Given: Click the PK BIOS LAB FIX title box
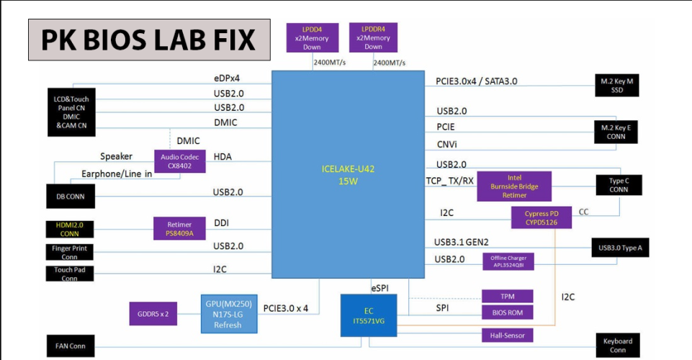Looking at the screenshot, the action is tap(149, 40).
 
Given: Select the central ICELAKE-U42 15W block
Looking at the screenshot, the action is tap(349, 175).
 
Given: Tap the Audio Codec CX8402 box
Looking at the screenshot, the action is tap(179, 161).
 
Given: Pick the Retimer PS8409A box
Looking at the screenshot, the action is tap(179, 228).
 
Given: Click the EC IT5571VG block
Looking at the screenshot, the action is tap(369, 316).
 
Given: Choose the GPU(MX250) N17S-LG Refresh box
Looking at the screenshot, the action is tap(228, 314).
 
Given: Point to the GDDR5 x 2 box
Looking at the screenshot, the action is tap(153, 314).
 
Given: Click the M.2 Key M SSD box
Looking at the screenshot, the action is tap(616, 86).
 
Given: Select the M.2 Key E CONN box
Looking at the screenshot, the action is tap(616, 132).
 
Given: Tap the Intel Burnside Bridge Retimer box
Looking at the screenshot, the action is tap(514, 186).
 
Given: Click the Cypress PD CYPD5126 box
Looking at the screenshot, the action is tap(542, 218).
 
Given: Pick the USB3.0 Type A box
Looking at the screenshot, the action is tap(620, 248).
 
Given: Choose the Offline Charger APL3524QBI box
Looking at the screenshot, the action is tap(508, 261).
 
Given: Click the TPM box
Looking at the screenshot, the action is tap(508, 297).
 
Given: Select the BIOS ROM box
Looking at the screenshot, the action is tap(508, 312).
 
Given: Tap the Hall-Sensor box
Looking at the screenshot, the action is tap(508, 336).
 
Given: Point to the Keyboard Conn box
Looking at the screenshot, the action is tap(618, 346).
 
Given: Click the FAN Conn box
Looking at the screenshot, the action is tap(71, 346).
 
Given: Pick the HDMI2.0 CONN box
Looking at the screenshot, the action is tap(70, 230).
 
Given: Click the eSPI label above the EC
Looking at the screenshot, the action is tap(380, 288).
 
